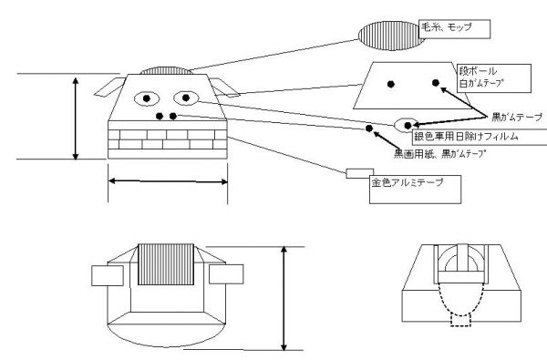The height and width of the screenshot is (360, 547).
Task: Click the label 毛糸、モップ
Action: coord(447,27)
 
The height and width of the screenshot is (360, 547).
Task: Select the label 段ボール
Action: coord(478,71)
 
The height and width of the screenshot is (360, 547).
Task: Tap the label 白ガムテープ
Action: coord(482,83)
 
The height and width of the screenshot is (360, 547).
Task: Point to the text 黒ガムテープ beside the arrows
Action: coord(517,118)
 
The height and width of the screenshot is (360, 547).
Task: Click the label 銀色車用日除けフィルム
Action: coord(466,137)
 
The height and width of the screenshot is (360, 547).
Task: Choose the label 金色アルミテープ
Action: coord(408,182)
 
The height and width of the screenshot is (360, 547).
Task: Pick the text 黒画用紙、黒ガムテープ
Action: coord(440,154)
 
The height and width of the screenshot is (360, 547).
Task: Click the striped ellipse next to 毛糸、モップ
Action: coord(391,36)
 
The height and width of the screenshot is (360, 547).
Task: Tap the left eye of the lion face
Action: coord(147,98)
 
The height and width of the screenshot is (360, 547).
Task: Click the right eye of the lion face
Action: coord(186,98)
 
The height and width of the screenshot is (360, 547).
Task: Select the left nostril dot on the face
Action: coord(160,116)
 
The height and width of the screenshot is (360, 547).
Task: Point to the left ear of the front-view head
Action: coord(109,87)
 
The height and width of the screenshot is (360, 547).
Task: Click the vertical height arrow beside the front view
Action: coord(76,118)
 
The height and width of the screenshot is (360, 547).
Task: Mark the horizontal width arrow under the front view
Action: coord(168,181)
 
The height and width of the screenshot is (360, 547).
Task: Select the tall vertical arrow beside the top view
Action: coord(284,298)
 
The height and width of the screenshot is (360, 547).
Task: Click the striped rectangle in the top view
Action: coord(166,264)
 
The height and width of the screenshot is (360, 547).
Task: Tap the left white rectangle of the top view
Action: coord(108,275)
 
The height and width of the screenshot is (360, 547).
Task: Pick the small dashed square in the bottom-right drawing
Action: coord(460,320)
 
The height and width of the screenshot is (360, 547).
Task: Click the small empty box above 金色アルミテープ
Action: coord(360,173)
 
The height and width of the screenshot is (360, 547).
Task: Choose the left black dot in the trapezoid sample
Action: coord(391,84)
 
